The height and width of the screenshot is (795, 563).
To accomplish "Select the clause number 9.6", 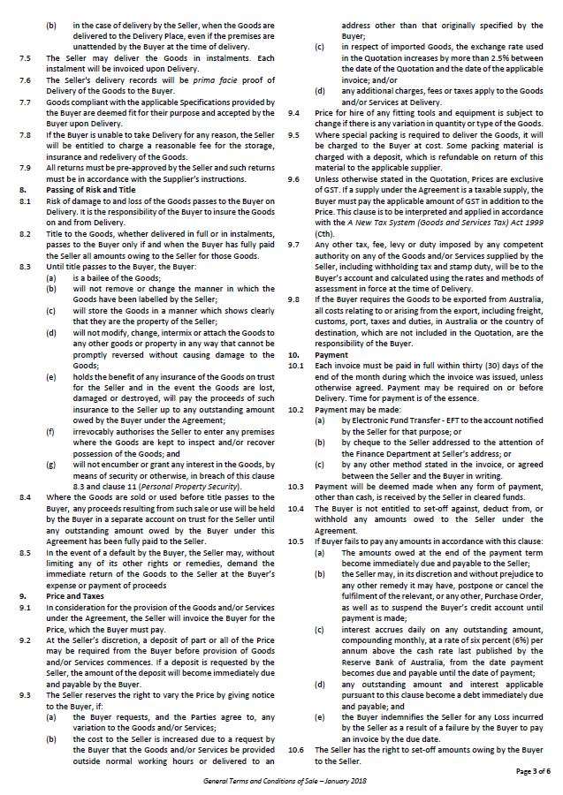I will click(293, 177).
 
